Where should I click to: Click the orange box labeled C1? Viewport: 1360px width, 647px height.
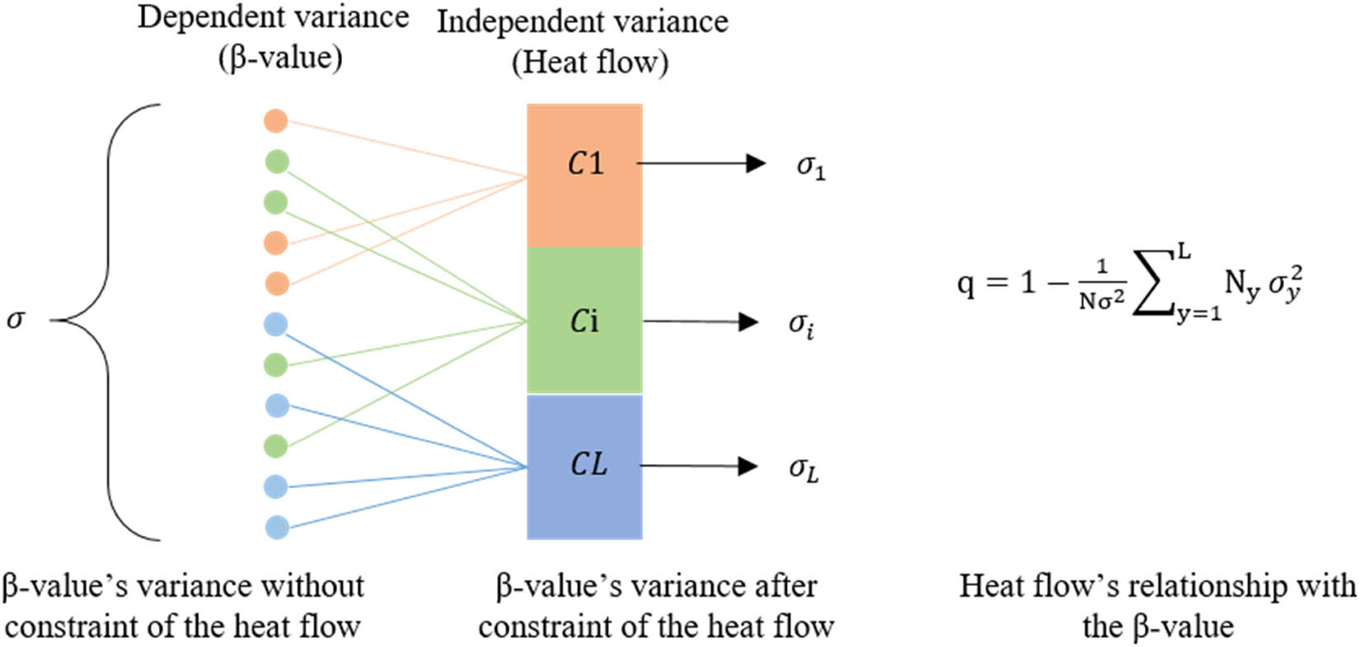click(x=584, y=175)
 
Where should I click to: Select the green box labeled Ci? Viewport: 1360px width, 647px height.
click(x=584, y=320)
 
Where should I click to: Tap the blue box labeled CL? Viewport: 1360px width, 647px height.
click(x=584, y=466)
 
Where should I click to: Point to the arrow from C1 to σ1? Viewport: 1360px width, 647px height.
click(x=701, y=163)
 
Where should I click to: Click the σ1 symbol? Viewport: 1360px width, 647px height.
click(x=810, y=167)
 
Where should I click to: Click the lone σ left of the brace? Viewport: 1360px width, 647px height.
click(x=15, y=319)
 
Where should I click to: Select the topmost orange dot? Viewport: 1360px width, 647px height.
click(x=275, y=121)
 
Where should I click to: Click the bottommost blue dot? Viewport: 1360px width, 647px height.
click(x=277, y=527)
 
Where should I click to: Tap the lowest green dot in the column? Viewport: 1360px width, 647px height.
click(x=276, y=446)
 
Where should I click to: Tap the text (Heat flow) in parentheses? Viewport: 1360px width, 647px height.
click(x=589, y=63)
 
